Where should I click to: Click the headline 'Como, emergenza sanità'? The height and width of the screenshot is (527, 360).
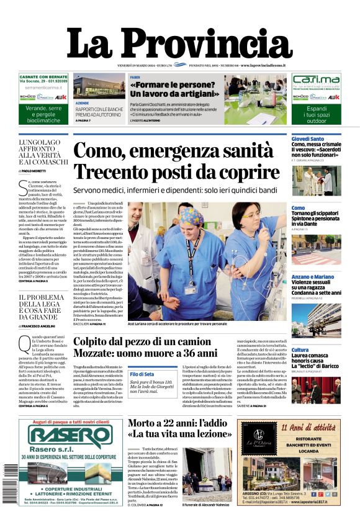point(174,151)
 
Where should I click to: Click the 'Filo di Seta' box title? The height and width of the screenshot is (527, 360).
point(142,375)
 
